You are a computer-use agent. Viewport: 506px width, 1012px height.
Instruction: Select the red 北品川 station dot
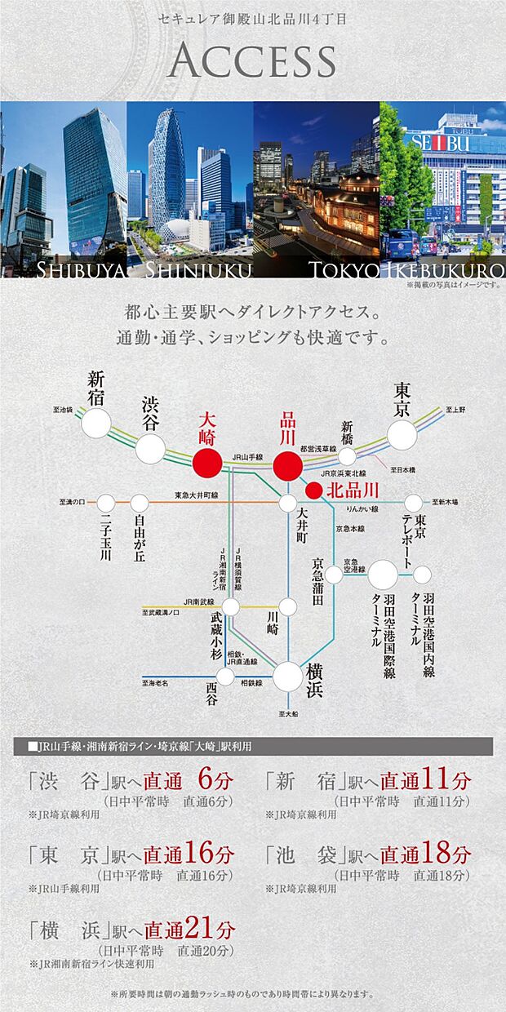(313, 490)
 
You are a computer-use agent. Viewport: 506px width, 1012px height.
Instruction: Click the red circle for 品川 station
(287, 466)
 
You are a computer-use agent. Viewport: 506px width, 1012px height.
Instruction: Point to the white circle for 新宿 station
(96, 423)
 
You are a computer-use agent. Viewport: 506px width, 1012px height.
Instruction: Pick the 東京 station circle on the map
(402, 434)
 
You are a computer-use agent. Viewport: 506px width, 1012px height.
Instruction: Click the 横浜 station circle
(287, 676)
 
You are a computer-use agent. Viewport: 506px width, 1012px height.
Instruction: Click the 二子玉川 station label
(105, 539)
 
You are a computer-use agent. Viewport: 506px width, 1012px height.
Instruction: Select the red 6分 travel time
(215, 780)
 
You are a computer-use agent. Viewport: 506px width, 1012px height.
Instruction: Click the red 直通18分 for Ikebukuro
(425, 854)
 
